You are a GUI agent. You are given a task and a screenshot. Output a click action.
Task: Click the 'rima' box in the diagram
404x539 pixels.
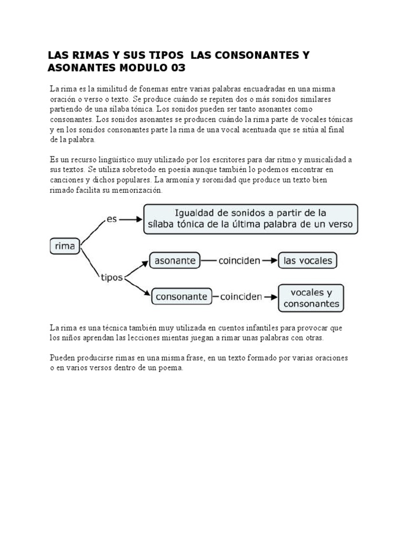pos(65,246)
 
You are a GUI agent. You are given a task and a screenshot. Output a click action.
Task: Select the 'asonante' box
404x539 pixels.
pos(175,260)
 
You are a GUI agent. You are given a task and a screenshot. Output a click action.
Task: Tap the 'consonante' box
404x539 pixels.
pos(182,296)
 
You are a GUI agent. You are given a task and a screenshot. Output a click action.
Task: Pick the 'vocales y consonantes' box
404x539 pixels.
pos(311,298)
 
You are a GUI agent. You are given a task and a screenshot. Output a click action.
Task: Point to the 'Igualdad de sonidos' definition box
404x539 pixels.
pos(251,219)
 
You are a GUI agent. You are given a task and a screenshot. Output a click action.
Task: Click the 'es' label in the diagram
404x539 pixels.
pos(112,218)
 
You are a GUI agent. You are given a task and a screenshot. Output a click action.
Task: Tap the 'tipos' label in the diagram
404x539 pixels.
pos(111,277)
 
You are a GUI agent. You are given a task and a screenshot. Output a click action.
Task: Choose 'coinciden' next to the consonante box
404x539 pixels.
pos(241,296)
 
